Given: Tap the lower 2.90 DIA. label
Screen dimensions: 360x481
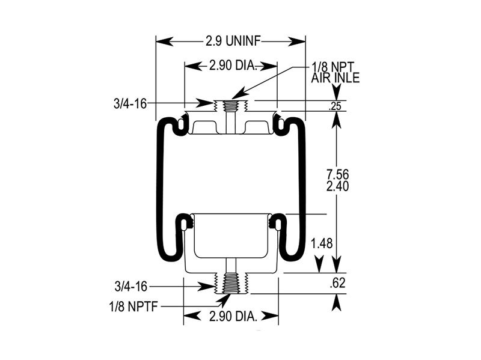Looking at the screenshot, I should click(x=233, y=316).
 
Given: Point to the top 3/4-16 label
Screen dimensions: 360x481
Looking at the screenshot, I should click(x=129, y=104).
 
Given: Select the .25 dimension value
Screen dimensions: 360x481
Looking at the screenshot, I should click(x=336, y=106).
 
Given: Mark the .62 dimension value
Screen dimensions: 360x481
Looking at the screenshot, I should click(x=338, y=284).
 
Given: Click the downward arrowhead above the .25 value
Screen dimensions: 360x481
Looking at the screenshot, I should click(x=337, y=95).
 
